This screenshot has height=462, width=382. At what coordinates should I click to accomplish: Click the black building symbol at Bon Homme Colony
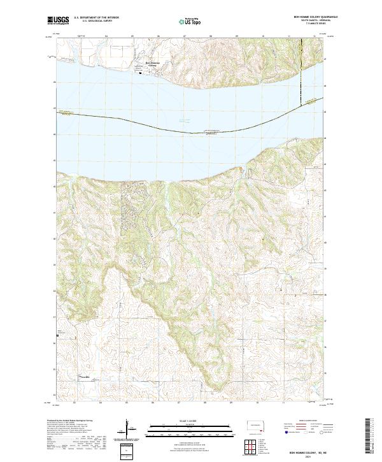pos(141,71)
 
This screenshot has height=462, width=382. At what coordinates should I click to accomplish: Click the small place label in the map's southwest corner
pos(84,377)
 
